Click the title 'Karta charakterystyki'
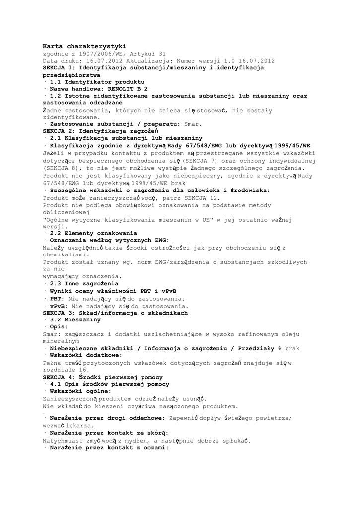(84, 46)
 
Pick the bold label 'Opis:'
(58, 327)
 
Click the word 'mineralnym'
(61, 341)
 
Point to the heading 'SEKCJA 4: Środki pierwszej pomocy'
(107, 378)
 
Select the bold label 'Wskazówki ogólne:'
(81, 391)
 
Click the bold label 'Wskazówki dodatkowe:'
(86, 355)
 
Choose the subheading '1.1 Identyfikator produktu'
(97, 81)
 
